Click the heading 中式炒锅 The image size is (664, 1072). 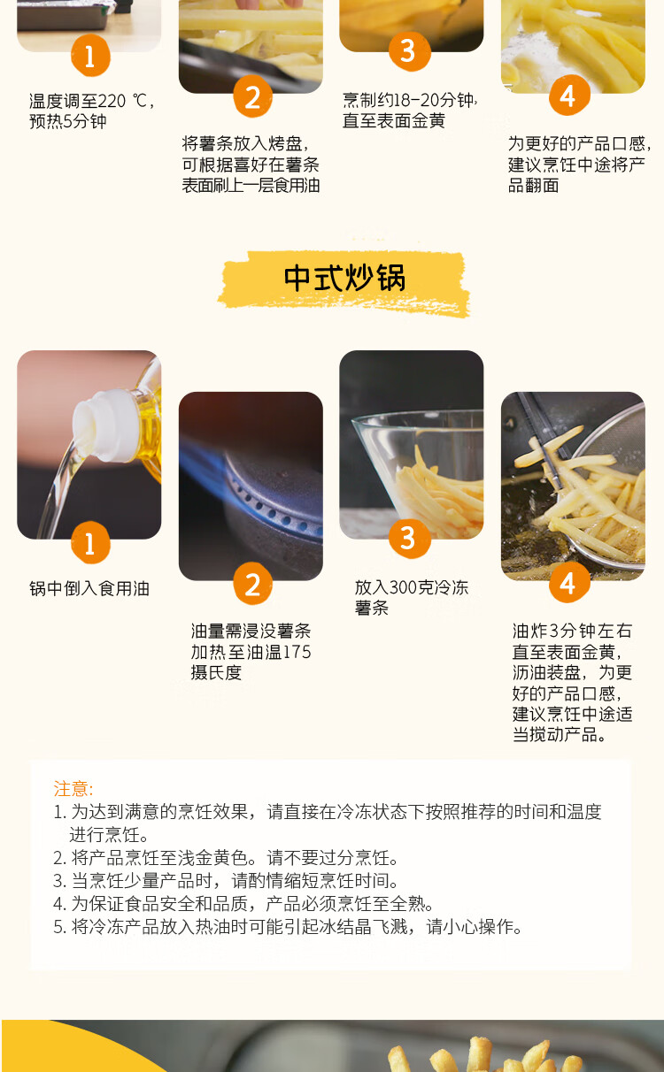pyautogui.click(x=344, y=277)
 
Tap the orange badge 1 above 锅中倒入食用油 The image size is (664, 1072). pyautogui.click(x=90, y=543)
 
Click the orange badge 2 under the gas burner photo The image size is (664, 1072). pyautogui.click(x=252, y=584)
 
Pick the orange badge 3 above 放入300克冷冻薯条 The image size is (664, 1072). pyautogui.click(x=409, y=538)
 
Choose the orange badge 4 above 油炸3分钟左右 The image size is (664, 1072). pyautogui.click(x=569, y=582)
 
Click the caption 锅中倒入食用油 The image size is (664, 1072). pyautogui.click(x=89, y=589)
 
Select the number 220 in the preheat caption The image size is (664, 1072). pyautogui.click(x=112, y=101)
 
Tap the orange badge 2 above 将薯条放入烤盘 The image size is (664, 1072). pyautogui.click(x=252, y=97)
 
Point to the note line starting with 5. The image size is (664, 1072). pyautogui.click(x=288, y=927)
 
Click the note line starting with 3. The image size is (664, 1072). pyautogui.click(x=226, y=881)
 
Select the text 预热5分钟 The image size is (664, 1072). pyautogui.click(x=68, y=121)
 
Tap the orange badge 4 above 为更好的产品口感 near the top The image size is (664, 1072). pyautogui.click(x=569, y=96)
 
